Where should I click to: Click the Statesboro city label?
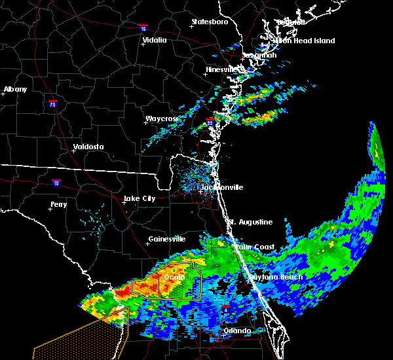210,22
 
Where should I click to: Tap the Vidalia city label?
155,40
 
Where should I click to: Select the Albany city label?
16,89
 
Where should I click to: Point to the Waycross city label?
161,119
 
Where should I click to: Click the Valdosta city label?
88,147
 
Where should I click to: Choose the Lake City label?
140,198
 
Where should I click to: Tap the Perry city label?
58,205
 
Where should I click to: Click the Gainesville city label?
167,239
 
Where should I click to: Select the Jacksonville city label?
221,187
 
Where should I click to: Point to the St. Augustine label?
250,222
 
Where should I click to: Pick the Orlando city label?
237,331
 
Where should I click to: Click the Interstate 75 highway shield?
52,103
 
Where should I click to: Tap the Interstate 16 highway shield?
143,28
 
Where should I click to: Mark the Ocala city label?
174,278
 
